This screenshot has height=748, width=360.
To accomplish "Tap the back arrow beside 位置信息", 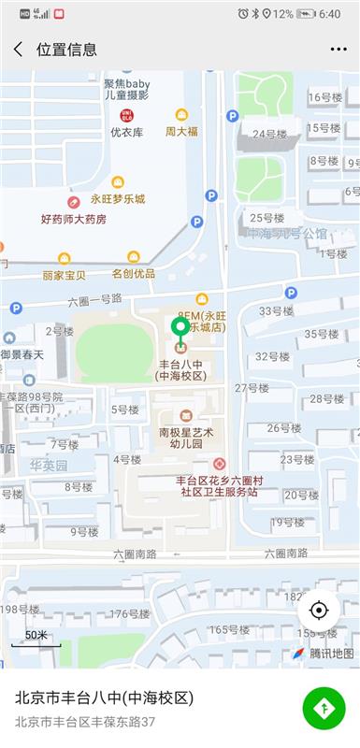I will click(18, 49).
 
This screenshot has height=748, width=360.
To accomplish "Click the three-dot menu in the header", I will click(338, 49).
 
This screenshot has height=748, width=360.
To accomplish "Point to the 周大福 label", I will click(181, 132).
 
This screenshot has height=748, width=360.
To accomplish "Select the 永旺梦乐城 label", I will click(118, 199).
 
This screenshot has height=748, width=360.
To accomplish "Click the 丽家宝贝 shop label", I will click(64, 275).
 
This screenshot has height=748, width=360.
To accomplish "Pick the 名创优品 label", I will click(134, 274).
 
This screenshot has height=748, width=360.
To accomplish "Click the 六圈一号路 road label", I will click(95, 301).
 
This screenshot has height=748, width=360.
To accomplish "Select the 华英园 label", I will click(49, 465).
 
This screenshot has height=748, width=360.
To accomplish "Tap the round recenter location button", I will click(319, 611).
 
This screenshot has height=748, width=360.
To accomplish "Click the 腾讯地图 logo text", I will click(331, 653).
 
